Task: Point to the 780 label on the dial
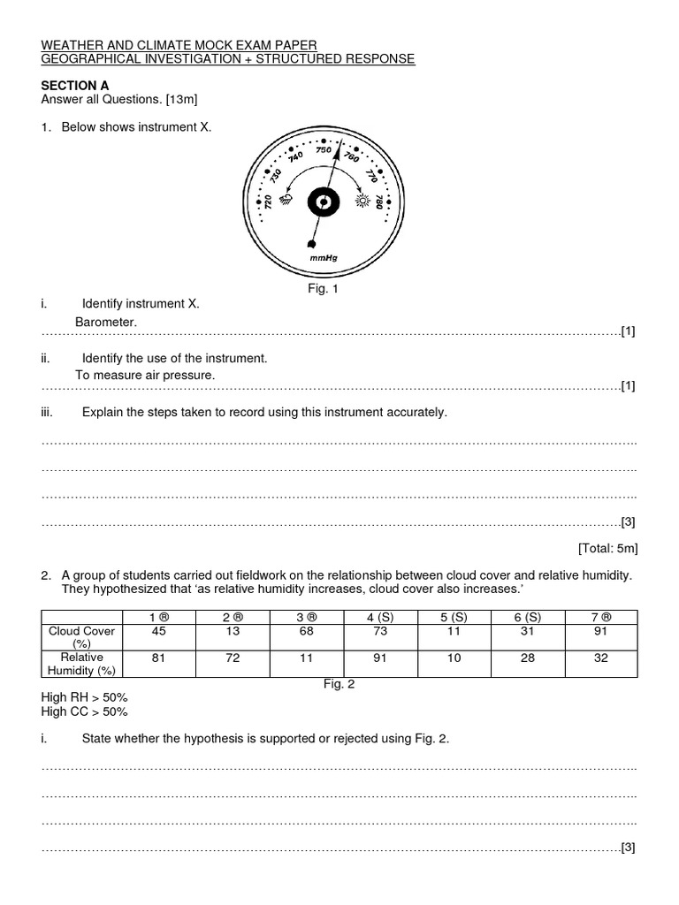(378, 202)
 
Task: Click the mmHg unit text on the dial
(324, 257)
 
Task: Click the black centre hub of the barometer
(323, 203)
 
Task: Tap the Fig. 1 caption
(323, 288)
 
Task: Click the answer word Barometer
(106, 323)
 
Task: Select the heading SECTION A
(75, 85)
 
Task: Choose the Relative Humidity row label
(83, 664)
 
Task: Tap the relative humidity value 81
(159, 658)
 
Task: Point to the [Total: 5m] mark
(607, 548)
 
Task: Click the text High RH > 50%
(84, 697)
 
